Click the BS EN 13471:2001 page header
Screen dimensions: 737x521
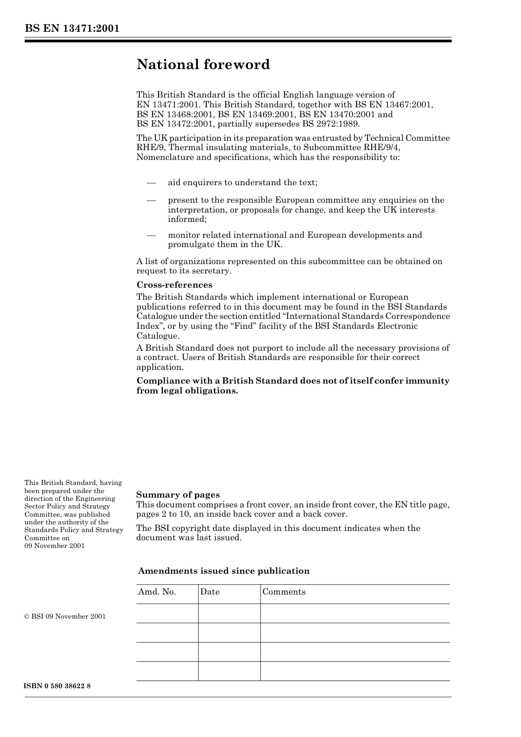pyautogui.click(x=72, y=28)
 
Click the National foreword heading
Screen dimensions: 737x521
pyautogui.click(x=203, y=65)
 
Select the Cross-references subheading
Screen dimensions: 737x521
pyautogui.click(x=174, y=285)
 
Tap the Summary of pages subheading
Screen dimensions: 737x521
pyautogui.click(x=178, y=495)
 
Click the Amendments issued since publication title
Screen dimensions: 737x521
pyautogui.click(x=224, y=571)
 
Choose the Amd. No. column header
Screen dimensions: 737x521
pyautogui.click(x=157, y=592)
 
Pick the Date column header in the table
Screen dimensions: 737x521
pyautogui.click(x=209, y=592)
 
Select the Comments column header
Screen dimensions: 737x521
pyautogui.click(x=284, y=592)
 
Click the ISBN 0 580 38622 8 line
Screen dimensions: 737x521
pyautogui.click(x=58, y=686)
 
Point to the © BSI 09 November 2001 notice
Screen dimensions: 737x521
pyautogui.click(x=65, y=616)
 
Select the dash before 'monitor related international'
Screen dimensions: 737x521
pyautogui.click(x=151, y=235)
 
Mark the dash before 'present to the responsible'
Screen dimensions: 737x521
pyautogui.click(x=151, y=201)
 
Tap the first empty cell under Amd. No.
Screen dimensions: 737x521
pyautogui.click(x=167, y=614)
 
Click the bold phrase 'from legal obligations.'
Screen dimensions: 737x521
pyautogui.click(x=187, y=391)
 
